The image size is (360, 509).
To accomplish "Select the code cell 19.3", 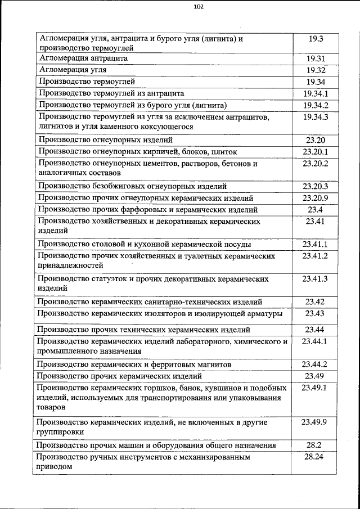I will point(316,39).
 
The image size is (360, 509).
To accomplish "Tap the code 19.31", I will point(316,58).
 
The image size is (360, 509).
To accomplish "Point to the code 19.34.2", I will point(316,105).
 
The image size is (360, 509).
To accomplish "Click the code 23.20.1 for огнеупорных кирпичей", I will point(315,152).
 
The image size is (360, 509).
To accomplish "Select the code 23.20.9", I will point(315,198).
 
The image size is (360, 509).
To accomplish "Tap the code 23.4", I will point(315,210).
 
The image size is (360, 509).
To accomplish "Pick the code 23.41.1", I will point(315,244).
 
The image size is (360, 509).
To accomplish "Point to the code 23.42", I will point(315,302).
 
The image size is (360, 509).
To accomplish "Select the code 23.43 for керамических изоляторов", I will point(315,313).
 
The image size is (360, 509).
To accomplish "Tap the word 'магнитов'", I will point(215,364).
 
